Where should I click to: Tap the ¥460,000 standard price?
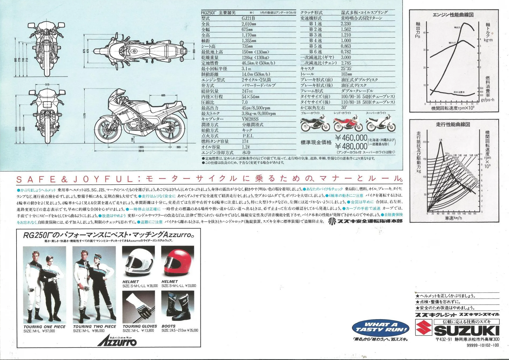tap(351, 138)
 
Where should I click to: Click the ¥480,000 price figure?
tap(351, 146)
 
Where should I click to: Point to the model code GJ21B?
tap(248, 18)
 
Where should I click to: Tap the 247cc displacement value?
tap(247, 91)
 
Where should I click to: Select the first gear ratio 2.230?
tap(346, 24)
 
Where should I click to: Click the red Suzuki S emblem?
tap(424, 327)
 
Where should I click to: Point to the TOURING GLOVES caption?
tap(140, 326)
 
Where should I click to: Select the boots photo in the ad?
tap(177, 307)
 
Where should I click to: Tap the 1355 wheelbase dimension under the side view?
tap(141, 147)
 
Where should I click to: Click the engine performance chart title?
tap(453, 15)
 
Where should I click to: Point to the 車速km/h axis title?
tap(453, 218)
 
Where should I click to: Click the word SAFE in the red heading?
tap(36, 179)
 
